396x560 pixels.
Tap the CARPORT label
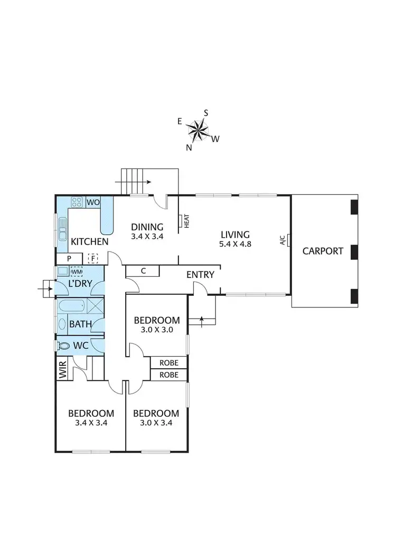[323, 251]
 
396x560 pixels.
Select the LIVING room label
[235, 235]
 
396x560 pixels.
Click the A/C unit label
[283, 240]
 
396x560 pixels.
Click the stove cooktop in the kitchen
[77, 202]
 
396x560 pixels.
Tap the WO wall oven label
[93, 202]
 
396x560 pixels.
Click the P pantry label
[69, 258]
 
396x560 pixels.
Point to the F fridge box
[93, 258]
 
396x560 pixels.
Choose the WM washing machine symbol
[77, 272]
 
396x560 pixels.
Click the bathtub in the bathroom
[72, 306]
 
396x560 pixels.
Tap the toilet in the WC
[64, 346]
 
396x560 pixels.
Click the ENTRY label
[200, 275]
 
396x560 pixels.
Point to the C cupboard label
[143, 271]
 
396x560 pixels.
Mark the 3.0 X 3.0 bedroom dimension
[156, 329]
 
